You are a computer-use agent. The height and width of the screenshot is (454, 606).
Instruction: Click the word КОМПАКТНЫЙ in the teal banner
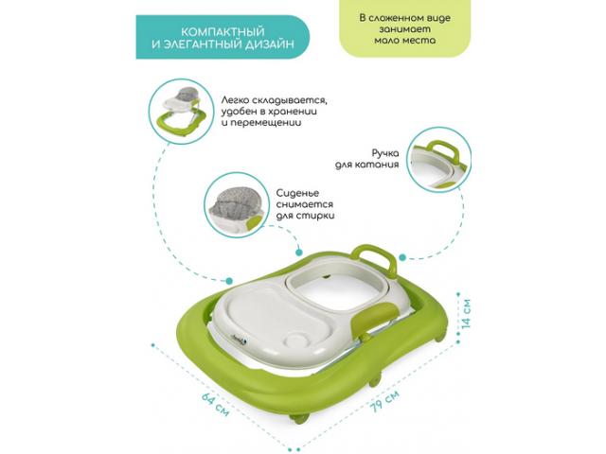(223, 31)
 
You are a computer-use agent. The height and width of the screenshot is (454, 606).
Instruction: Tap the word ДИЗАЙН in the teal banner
(269, 44)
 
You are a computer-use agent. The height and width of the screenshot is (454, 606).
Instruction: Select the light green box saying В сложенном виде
(404, 29)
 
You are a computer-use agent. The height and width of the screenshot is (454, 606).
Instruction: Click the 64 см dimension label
(216, 405)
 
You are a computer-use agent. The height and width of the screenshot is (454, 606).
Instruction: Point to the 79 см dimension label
(383, 401)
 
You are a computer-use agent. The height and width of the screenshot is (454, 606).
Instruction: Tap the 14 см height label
(467, 313)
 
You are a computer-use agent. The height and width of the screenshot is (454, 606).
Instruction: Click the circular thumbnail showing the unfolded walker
(181, 112)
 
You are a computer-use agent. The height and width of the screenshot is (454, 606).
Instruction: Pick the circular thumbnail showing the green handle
(438, 160)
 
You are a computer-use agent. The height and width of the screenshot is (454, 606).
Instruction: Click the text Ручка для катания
(367, 159)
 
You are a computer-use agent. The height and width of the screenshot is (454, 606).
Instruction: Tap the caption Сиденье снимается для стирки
(305, 204)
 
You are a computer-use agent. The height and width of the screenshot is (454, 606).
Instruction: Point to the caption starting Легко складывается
(275, 112)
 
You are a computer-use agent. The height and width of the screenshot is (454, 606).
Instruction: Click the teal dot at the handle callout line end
(402, 257)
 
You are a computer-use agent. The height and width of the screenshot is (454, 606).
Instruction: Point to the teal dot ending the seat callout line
(299, 253)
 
